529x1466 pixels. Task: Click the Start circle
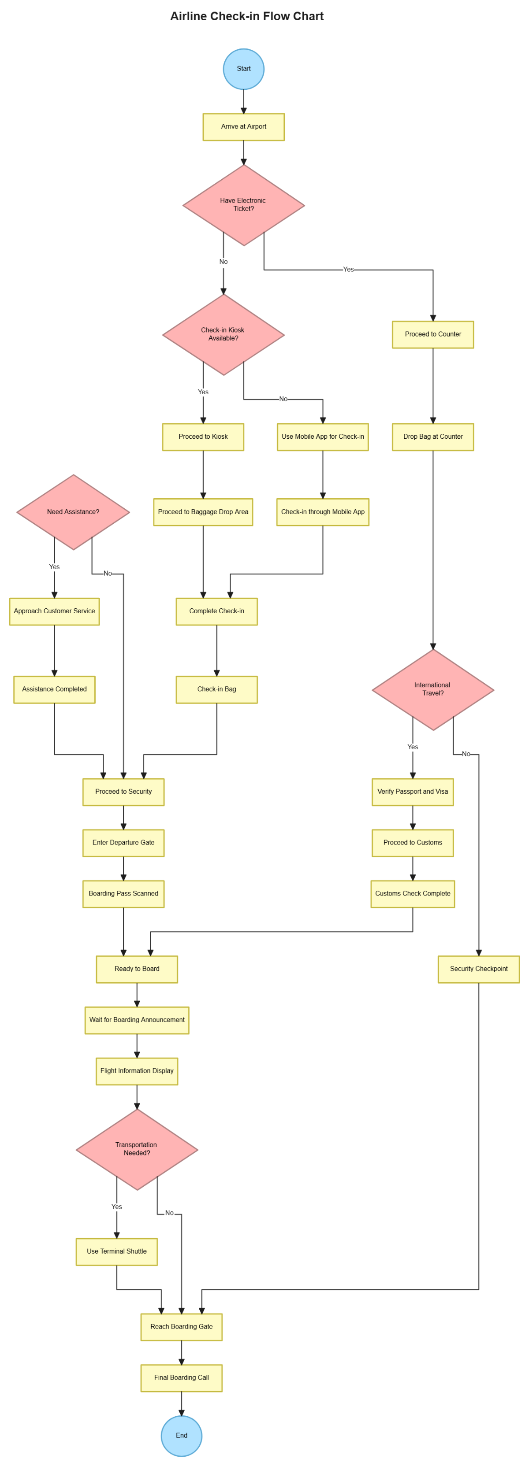coord(244,69)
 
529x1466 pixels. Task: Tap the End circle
coord(182,1435)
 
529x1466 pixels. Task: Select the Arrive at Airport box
coord(244,127)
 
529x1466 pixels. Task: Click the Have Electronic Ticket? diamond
coord(244,205)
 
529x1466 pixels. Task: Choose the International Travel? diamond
coord(433,689)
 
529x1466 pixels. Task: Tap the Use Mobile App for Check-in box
coord(323,437)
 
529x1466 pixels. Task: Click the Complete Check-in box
coord(216,611)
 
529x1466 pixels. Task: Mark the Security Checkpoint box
coord(478,969)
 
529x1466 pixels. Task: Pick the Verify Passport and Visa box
coord(412,792)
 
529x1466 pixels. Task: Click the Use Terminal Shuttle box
coord(117,1251)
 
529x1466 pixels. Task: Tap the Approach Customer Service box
coord(55,611)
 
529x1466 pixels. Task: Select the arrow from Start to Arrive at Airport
coord(244,101)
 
